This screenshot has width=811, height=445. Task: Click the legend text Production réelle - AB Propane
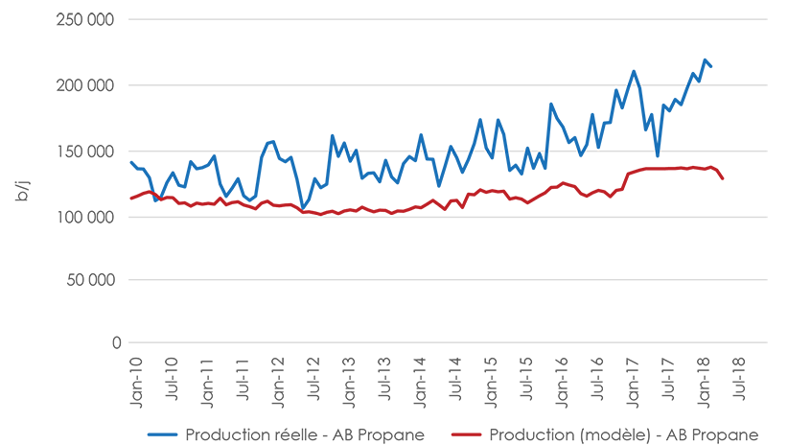pos(305,434)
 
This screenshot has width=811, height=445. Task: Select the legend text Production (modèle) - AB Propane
pos(623,434)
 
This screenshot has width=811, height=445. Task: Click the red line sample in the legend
pos(467,434)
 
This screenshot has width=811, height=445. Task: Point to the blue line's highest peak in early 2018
pos(705,60)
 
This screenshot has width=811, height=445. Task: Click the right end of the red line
pos(722,178)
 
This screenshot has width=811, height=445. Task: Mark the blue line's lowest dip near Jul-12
pos(303,208)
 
